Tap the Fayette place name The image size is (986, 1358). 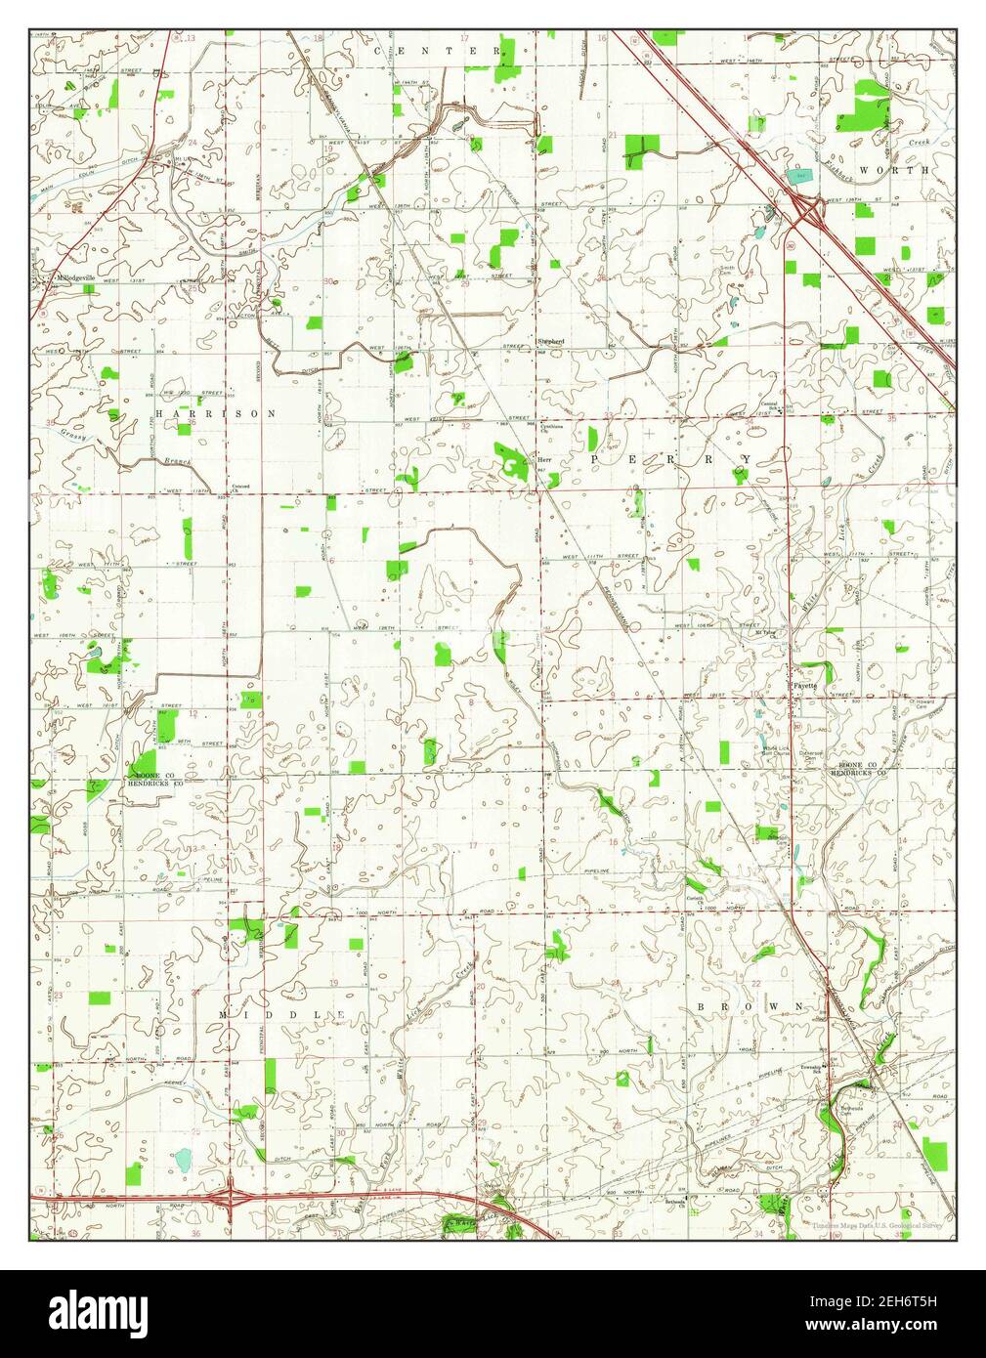click(804, 685)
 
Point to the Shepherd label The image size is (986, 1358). click(551, 341)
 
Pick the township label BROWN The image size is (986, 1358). click(750, 1005)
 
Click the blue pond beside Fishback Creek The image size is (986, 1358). click(800, 175)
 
